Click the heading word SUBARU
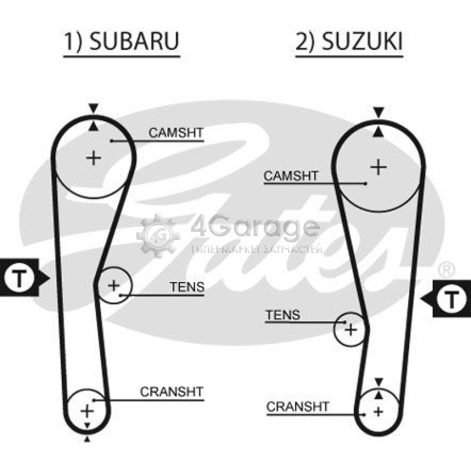(x=134, y=41)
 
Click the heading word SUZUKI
(x=362, y=41)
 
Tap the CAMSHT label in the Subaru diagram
(x=176, y=133)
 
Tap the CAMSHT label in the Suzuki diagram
(x=291, y=176)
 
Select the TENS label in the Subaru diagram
(x=187, y=287)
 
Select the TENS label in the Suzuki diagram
(x=283, y=315)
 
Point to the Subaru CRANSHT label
(x=172, y=392)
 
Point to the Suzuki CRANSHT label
(x=298, y=407)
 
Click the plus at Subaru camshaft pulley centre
(x=94, y=158)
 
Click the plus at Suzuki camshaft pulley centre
(x=379, y=167)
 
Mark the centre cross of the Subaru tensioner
(x=114, y=286)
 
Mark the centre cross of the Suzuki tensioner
(x=350, y=330)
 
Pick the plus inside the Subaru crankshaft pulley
(x=87, y=411)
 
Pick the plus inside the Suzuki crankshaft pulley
(x=379, y=412)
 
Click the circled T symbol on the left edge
(x=19, y=278)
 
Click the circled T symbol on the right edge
(x=452, y=298)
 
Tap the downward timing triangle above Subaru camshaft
(x=94, y=108)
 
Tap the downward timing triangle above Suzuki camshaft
(x=379, y=112)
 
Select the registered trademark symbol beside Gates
(x=447, y=271)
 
